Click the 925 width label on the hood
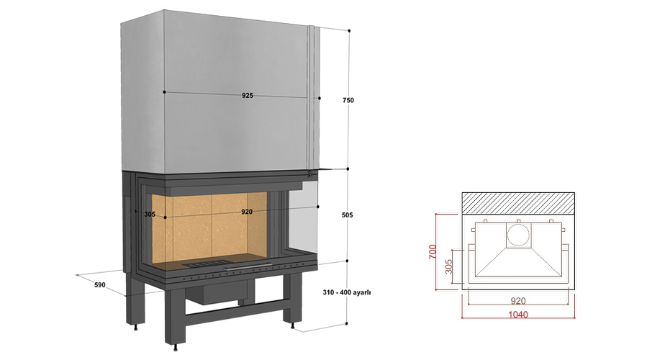coord(247,95)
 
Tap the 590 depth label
coord(99,285)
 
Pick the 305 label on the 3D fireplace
coord(150,214)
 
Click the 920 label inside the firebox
coord(247,212)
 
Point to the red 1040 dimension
coord(518,315)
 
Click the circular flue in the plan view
coord(517,235)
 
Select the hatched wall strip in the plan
coord(518,202)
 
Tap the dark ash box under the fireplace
coord(217,292)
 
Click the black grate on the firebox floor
coord(203,266)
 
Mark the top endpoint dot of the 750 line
coord(349,31)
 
